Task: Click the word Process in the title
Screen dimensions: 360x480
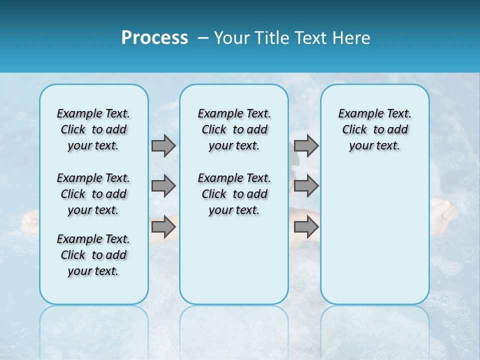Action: [x=154, y=38]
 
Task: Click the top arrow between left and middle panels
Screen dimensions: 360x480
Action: [x=163, y=146]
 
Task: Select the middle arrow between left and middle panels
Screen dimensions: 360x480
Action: [x=163, y=186]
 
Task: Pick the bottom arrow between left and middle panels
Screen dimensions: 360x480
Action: [x=163, y=227]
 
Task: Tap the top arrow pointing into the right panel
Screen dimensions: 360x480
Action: [x=306, y=146]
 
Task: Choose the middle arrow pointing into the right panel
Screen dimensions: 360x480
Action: [x=306, y=186]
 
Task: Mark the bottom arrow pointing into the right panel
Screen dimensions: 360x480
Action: [x=306, y=227]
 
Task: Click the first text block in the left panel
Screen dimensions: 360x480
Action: [x=93, y=129]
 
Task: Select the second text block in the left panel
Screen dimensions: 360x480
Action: [x=93, y=194]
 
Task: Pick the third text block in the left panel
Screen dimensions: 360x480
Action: [x=93, y=255]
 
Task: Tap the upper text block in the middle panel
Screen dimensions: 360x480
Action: [x=234, y=129]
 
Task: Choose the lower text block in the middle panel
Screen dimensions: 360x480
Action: [x=234, y=194]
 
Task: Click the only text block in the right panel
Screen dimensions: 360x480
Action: [x=374, y=129]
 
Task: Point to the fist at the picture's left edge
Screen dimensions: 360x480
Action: [x=30, y=222]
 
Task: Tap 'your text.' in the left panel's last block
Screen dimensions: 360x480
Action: [x=93, y=271]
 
